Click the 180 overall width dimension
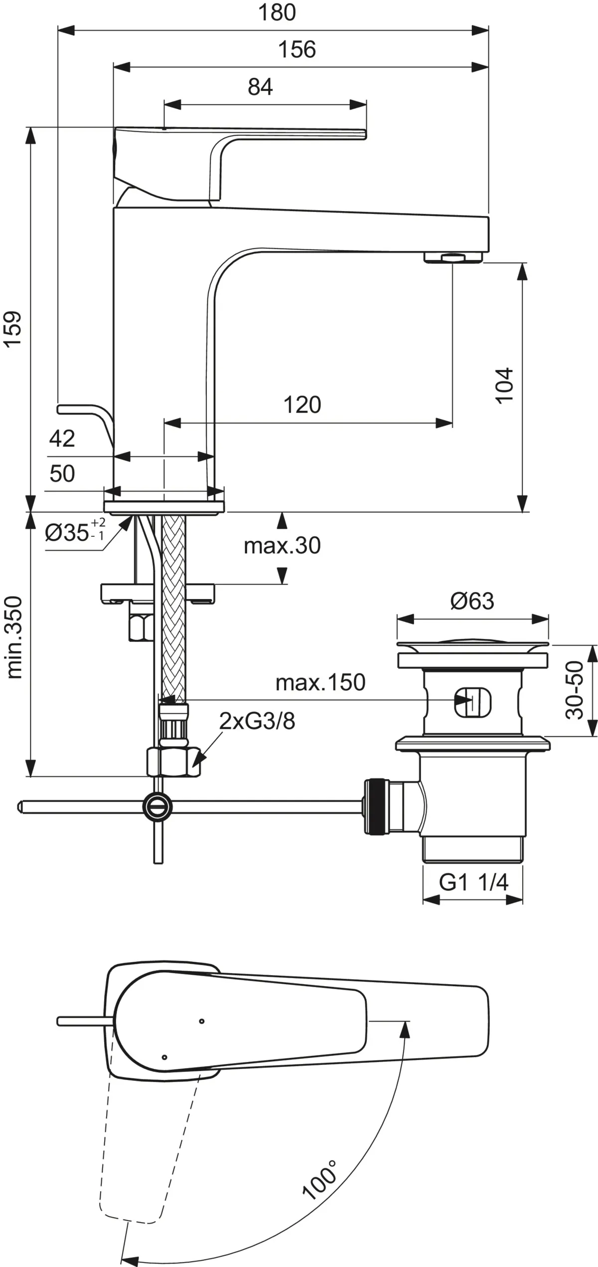coord(277,12)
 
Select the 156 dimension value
coord(297,49)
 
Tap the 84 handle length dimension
coord(260,87)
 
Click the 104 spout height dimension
coord(504,385)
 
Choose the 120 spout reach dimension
coord(302,405)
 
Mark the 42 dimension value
coord(62,438)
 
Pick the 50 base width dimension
coord(62,473)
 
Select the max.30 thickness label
coord(282,546)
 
